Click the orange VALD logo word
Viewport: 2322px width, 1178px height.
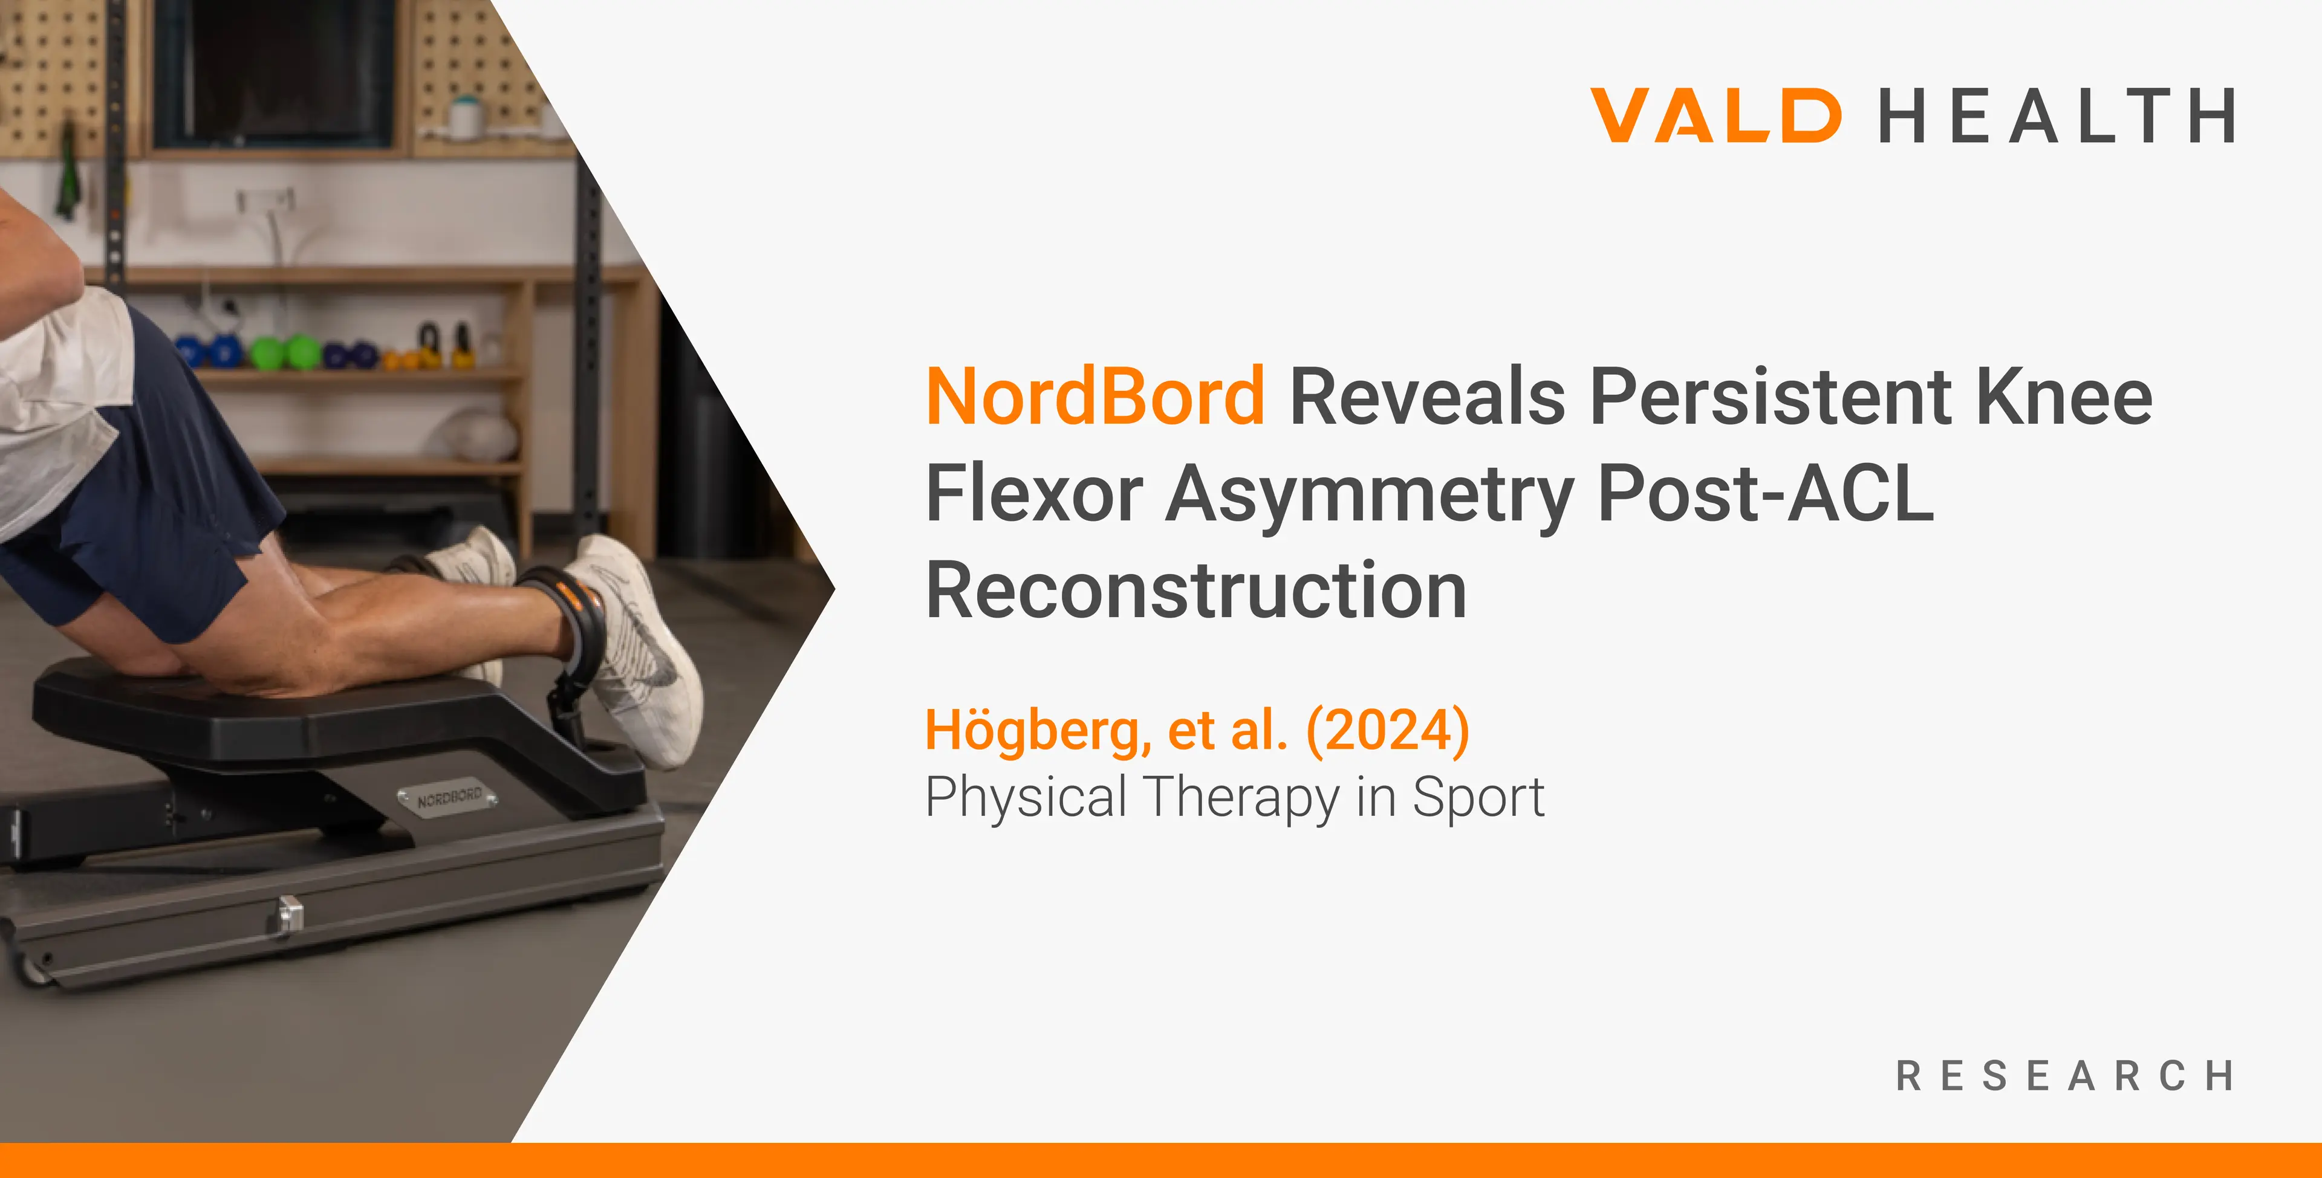click(x=1715, y=115)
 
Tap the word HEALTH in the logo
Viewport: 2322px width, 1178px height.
click(x=2057, y=115)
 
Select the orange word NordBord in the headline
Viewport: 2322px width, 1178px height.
click(x=1095, y=396)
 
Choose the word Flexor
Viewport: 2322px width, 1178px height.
click(x=1035, y=493)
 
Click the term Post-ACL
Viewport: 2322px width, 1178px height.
click(x=1766, y=493)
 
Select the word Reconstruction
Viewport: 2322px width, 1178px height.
click(x=1196, y=591)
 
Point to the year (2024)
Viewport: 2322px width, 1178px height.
click(x=1388, y=731)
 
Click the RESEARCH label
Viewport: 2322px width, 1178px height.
click(x=2065, y=1076)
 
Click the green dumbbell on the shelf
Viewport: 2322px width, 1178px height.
click(x=287, y=352)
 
